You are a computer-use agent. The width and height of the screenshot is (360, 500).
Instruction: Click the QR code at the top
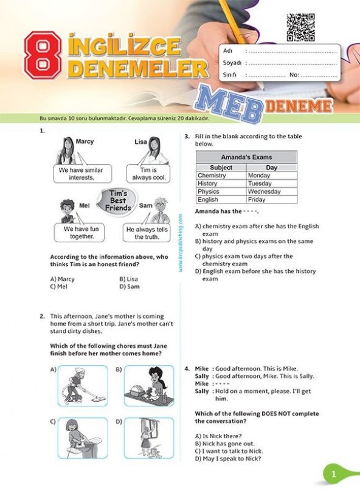tap(300, 27)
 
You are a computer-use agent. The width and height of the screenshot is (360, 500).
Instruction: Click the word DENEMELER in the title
tap(137, 67)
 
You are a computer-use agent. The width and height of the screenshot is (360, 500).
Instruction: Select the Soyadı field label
tap(232, 63)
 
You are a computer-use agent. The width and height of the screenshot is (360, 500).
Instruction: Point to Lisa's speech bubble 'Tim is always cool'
tap(148, 174)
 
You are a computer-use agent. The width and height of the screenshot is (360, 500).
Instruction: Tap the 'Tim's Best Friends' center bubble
tap(118, 200)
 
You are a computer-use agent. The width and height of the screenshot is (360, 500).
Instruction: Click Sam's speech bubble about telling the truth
tap(147, 234)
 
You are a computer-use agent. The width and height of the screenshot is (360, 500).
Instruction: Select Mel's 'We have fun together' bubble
tap(78, 233)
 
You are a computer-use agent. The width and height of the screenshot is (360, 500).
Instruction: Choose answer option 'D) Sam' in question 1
tap(130, 286)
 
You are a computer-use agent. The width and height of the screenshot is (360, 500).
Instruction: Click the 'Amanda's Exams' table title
tap(246, 157)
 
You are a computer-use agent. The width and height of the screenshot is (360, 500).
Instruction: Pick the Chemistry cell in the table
tap(212, 176)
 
